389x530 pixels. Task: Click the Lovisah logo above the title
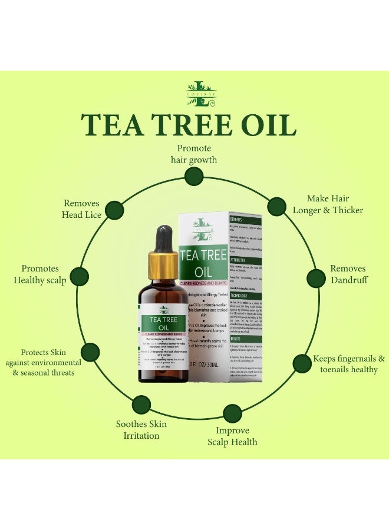[194, 94]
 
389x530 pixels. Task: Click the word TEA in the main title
[114, 125]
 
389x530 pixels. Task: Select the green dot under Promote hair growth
[193, 176]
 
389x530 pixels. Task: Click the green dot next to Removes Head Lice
[114, 210]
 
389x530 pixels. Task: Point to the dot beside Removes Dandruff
[316, 278]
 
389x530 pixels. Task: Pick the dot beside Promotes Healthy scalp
[79, 276]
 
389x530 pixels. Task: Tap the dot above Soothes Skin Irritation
[141, 405]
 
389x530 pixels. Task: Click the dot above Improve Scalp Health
[232, 413]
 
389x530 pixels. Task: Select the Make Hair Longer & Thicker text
[328, 204]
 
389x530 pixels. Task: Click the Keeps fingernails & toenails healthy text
[348, 364]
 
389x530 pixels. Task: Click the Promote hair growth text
[194, 154]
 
